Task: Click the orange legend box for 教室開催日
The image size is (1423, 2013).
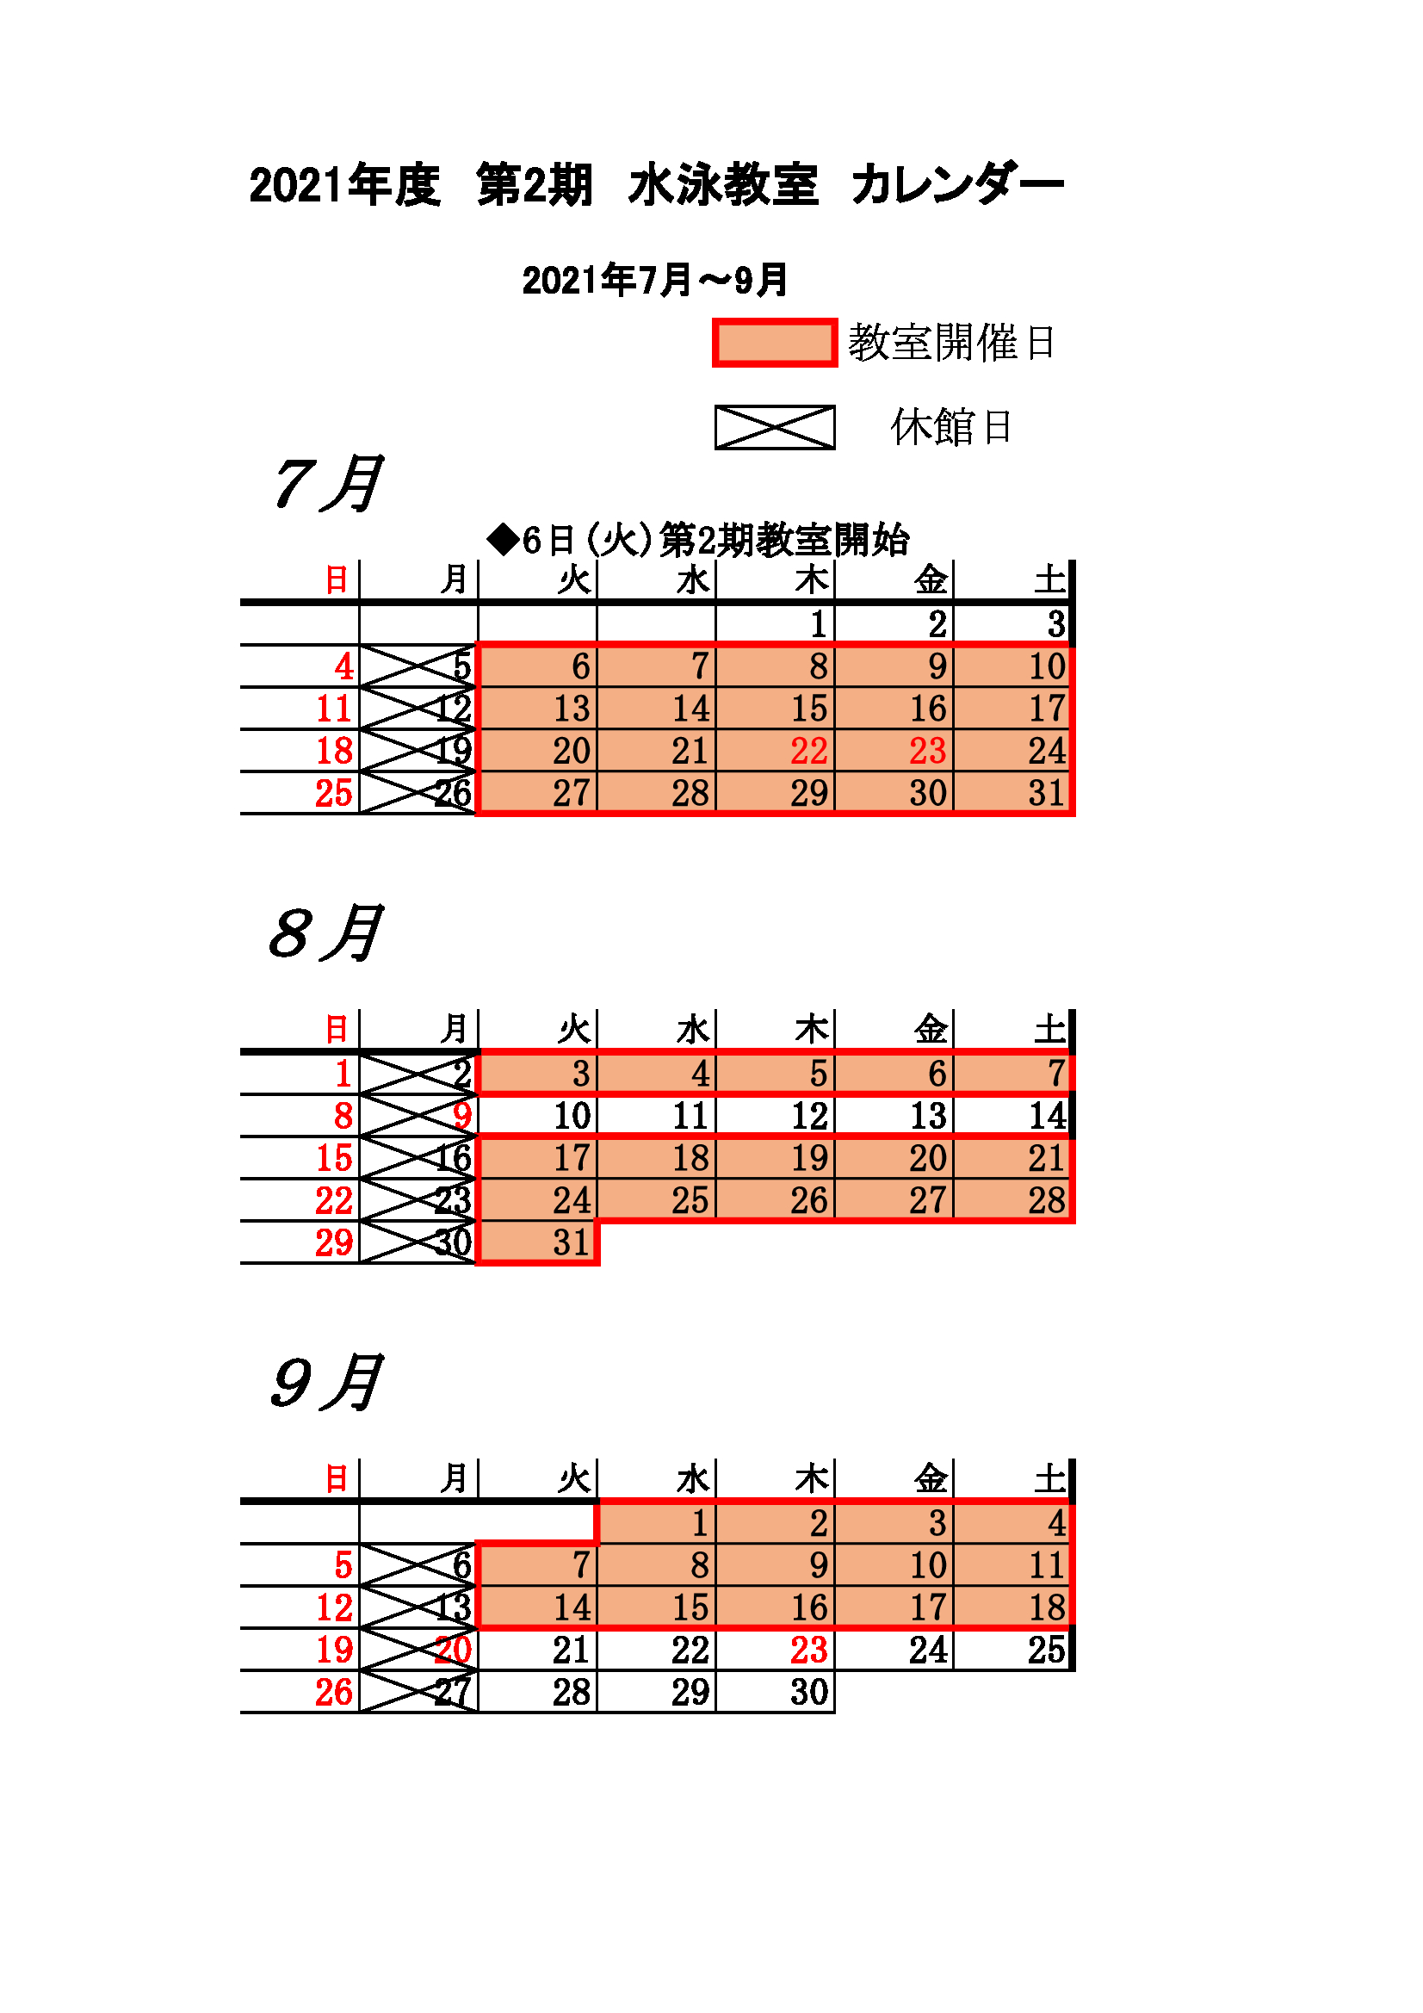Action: [774, 342]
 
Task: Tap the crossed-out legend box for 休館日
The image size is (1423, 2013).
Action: [774, 427]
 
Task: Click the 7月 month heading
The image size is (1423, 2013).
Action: [327, 483]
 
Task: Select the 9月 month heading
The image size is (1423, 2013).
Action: [327, 1383]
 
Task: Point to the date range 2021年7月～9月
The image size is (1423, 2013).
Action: [655, 281]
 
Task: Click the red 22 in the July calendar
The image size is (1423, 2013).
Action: [808, 752]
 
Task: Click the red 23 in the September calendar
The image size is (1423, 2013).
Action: [808, 1650]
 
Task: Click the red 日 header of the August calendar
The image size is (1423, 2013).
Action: [337, 1029]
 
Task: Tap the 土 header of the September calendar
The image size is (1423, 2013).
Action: [1049, 1479]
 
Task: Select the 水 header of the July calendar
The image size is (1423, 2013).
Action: [693, 580]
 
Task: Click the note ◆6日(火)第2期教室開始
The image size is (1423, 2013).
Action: [698, 540]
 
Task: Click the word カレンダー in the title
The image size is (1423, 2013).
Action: [956, 185]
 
